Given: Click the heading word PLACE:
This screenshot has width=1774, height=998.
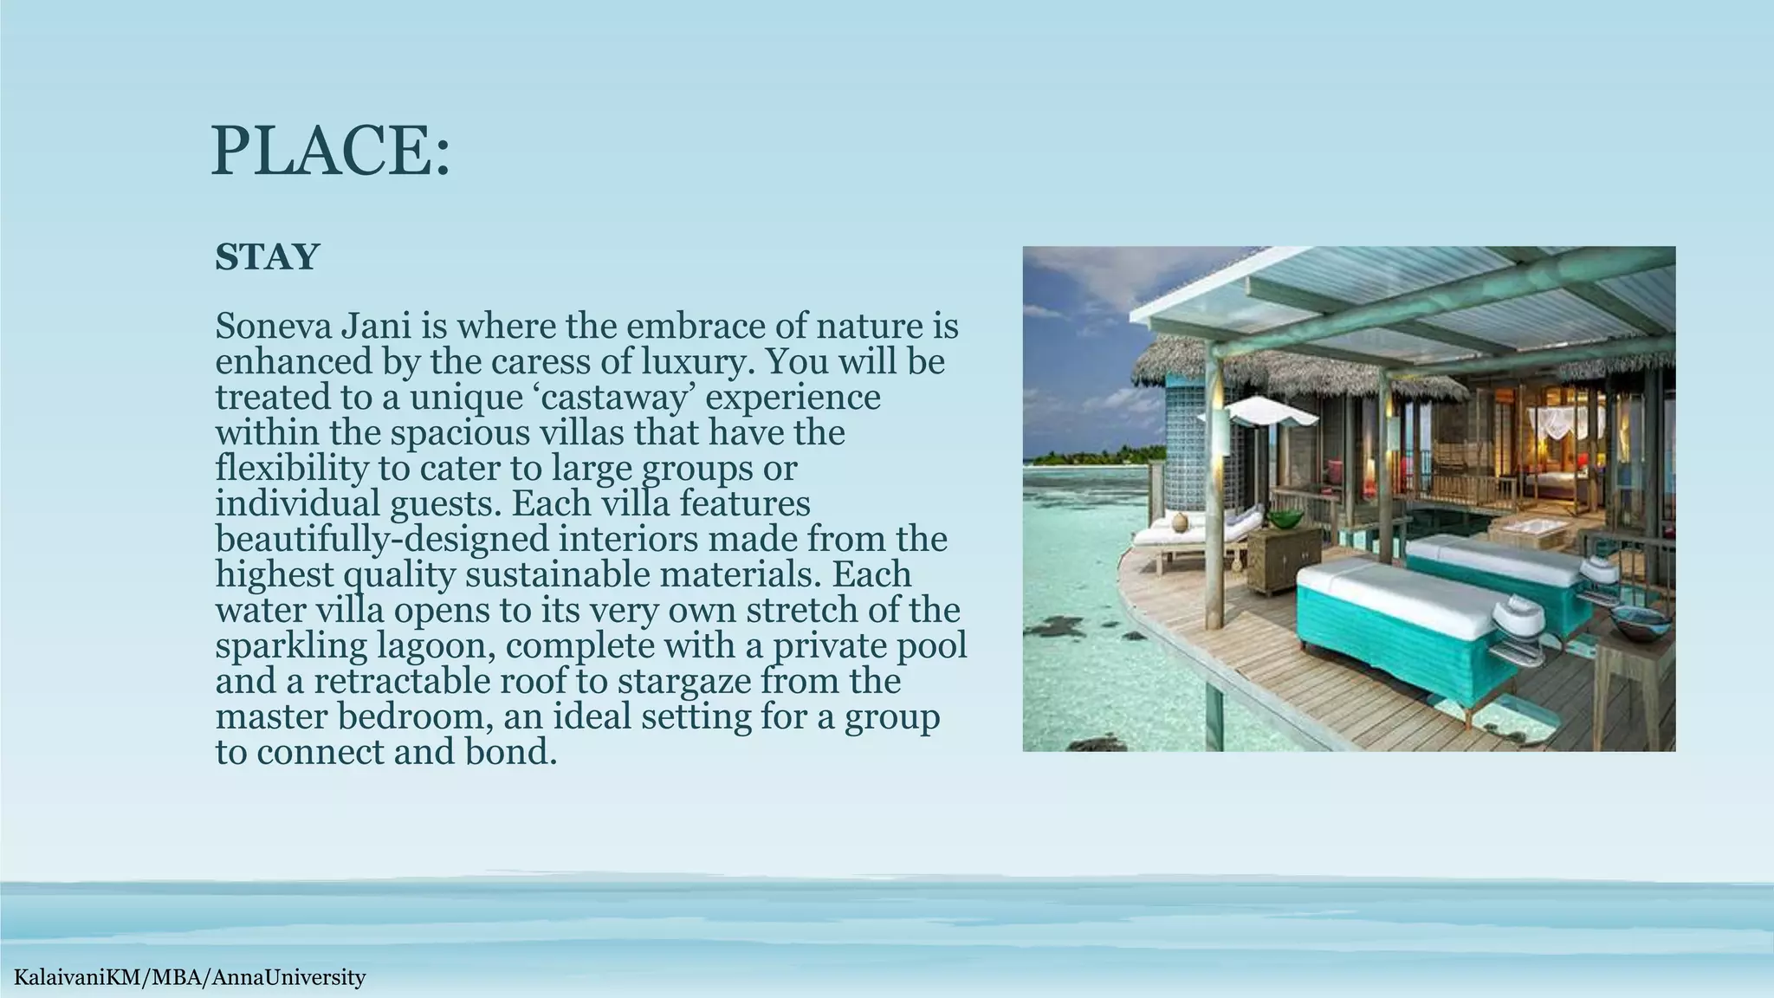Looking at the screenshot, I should coord(330,152).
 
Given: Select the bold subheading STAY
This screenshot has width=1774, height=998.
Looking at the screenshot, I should coord(267,257).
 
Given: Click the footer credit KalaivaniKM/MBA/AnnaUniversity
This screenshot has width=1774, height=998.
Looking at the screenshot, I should coord(184,978).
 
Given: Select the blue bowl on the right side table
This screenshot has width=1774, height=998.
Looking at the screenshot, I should coord(1638,619).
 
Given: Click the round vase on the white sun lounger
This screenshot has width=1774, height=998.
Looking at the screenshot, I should coord(1178,522).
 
